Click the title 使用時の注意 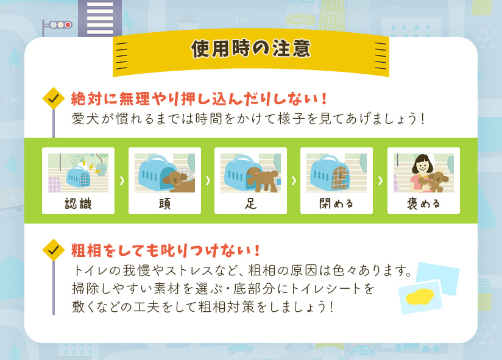click(x=250, y=49)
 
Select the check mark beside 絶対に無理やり click(x=54, y=97)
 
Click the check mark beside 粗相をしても click(x=54, y=249)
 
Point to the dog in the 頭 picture click(x=177, y=180)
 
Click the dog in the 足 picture click(x=261, y=178)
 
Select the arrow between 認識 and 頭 click(x=121, y=181)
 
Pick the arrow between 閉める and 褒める click(x=380, y=181)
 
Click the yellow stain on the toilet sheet click(x=419, y=297)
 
